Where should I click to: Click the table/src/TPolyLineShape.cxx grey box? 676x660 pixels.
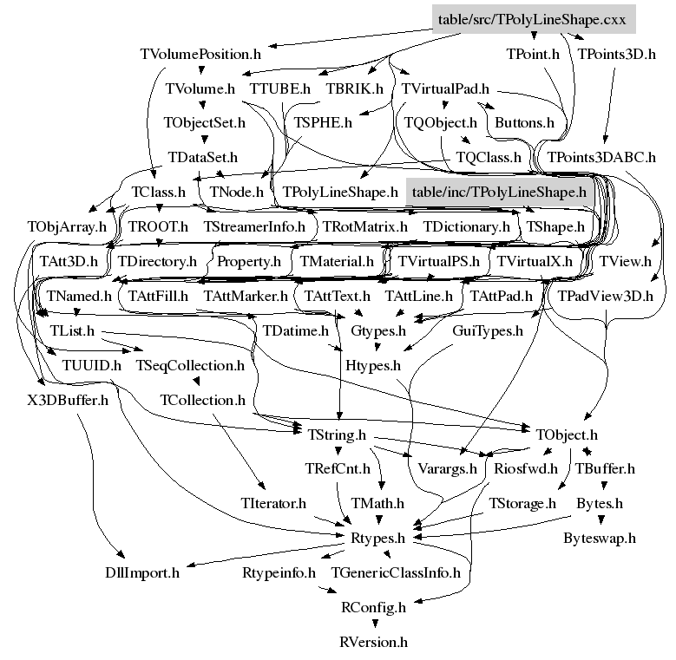click(x=534, y=19)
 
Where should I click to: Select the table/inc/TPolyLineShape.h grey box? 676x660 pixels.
click(x=500, y=192)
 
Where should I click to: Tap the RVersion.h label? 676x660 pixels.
click(x=373, y=642)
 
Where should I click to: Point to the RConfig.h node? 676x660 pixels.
click(x=373, y=607)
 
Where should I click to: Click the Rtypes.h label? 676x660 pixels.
click(x=377, y=538)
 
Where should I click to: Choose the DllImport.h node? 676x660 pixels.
click(x=142, y=573)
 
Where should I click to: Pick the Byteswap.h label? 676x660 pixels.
click(x=600, y=538)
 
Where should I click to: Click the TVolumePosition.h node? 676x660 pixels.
click(x=200, y=55)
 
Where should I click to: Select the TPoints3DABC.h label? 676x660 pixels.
click(x=601, y=157)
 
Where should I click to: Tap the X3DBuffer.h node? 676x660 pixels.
click(x=68, y=400)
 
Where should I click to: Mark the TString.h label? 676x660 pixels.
click(x=337, y=435)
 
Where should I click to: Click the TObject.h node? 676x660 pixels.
click(x=567, y=435)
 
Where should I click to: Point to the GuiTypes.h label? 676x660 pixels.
click(x=488, y=330)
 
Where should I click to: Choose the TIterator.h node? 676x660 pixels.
click(x=273, y=503)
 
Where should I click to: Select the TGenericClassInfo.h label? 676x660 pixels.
click(x=396, y=573)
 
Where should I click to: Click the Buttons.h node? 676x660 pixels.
click(x=524, y=123)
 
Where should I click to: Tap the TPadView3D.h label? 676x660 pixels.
click(x=606, y=297)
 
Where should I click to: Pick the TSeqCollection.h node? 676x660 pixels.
click(x=190, y=365)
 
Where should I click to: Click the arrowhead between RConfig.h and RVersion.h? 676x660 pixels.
click(x=375, y=624)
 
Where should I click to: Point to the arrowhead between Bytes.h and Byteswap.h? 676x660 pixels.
click(x=601, y=520)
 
